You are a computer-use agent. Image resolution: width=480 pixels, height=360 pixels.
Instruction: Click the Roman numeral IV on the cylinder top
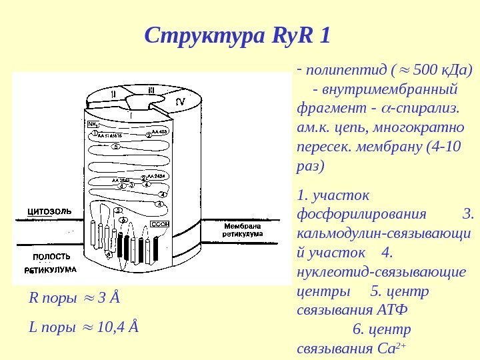[179, 101]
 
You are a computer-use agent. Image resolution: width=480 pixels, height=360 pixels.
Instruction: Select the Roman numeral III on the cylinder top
[151, 89]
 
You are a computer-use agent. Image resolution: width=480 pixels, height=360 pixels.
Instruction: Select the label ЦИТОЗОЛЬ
[49, 211]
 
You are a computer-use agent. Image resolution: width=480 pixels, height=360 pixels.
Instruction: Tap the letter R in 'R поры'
[33, 297]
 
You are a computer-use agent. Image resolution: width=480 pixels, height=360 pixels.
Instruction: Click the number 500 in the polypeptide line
[426, 69]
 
